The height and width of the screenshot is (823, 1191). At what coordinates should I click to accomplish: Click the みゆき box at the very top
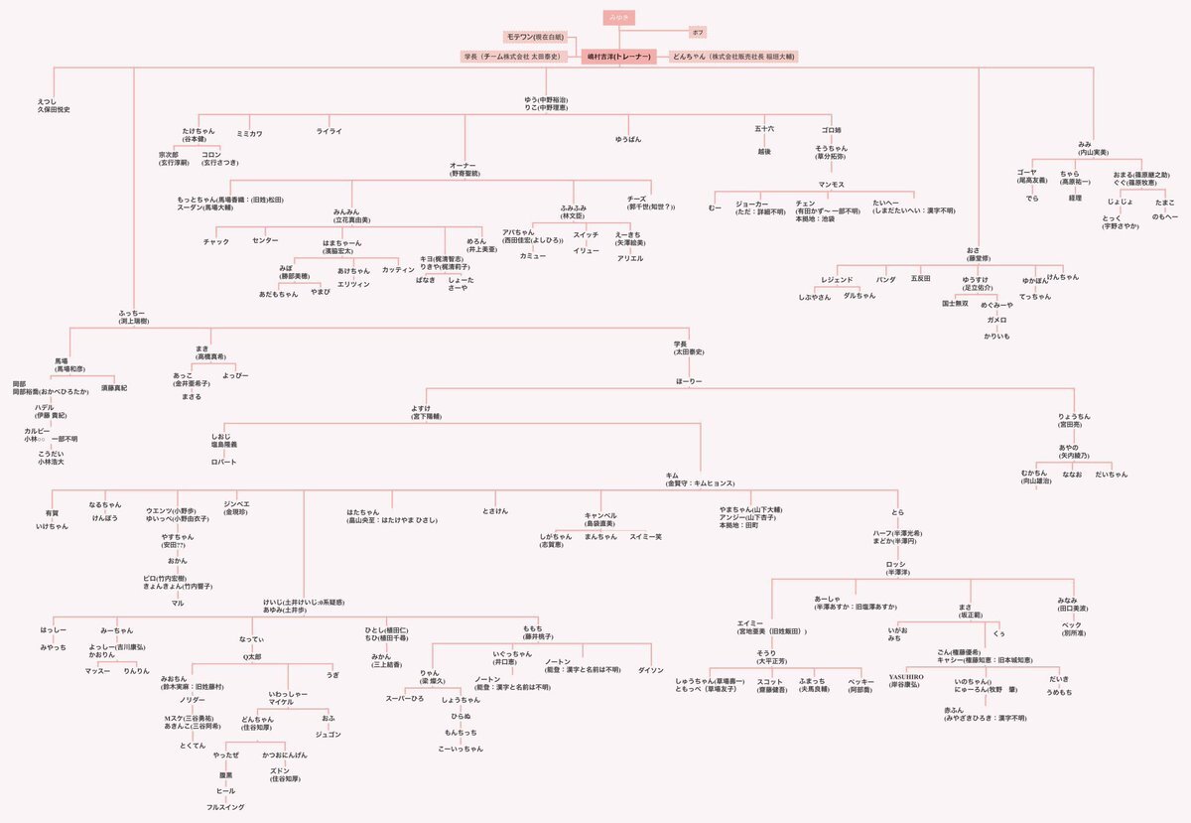pos(616,18)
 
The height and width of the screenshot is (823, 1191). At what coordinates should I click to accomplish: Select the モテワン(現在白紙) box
pos(533,37)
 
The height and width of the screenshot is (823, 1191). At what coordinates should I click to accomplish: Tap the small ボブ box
pos(699,33)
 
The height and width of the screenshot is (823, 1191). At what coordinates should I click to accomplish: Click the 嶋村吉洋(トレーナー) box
pos(617,57)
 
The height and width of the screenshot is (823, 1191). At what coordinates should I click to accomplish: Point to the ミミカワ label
pos(249,132)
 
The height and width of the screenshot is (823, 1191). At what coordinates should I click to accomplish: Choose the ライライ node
pos(329,131)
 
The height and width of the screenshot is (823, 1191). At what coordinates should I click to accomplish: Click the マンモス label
pos(831,184)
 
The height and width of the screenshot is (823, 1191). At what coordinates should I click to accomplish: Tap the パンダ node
pos(885,280)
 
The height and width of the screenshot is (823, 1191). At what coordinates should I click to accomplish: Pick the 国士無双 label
pos(955,303)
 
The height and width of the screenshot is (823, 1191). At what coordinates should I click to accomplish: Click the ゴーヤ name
pos(1032,174)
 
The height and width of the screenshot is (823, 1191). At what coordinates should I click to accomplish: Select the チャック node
pos(215,241)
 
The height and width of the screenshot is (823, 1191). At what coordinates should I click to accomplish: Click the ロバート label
pos(224,462)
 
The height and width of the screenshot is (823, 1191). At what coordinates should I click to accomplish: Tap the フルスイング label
pos(225,807)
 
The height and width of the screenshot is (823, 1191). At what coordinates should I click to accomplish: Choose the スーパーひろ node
pos(405,699)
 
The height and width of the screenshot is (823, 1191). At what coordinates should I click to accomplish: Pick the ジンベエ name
pos(236,504)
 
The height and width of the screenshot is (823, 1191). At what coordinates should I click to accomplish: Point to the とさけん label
pos(495,510)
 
